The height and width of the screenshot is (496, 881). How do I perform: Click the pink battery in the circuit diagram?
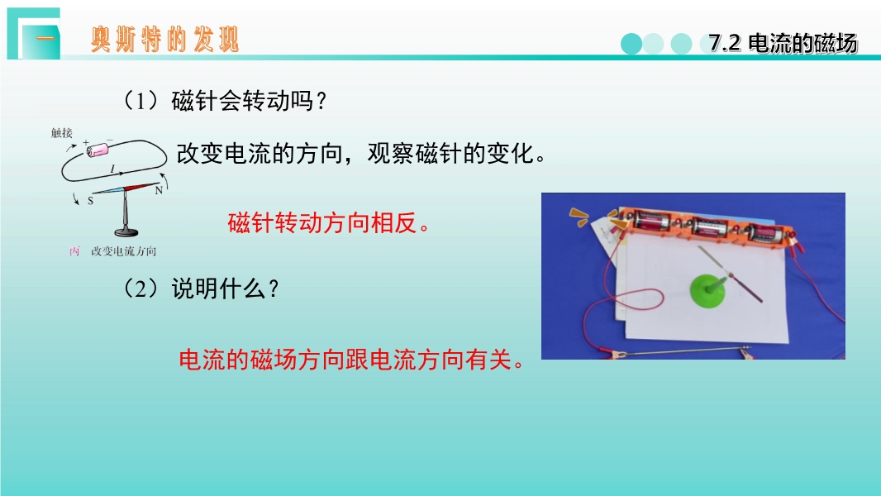click(98, 150)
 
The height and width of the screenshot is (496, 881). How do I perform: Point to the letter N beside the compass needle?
click(159, 190)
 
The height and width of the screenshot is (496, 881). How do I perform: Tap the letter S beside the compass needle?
click(90, 201)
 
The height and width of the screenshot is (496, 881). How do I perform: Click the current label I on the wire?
click(112, 169)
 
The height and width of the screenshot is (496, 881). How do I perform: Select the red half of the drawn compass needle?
click(141, 187)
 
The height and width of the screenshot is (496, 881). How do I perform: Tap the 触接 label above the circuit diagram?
click(62, 132)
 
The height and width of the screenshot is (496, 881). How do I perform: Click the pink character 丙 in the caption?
click(74, 251)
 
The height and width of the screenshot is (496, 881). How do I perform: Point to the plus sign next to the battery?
click(86, 143)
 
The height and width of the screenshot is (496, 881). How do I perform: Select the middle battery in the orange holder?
click(710, 227)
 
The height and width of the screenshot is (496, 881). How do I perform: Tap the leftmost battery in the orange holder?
click(652, 220)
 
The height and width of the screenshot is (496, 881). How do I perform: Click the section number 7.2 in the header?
click(724, 43)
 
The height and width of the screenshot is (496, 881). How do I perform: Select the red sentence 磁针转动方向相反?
click(329, 223)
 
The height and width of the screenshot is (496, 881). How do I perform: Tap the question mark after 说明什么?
click(274, 289)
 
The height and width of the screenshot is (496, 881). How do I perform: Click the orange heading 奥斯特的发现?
click(165, 40)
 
